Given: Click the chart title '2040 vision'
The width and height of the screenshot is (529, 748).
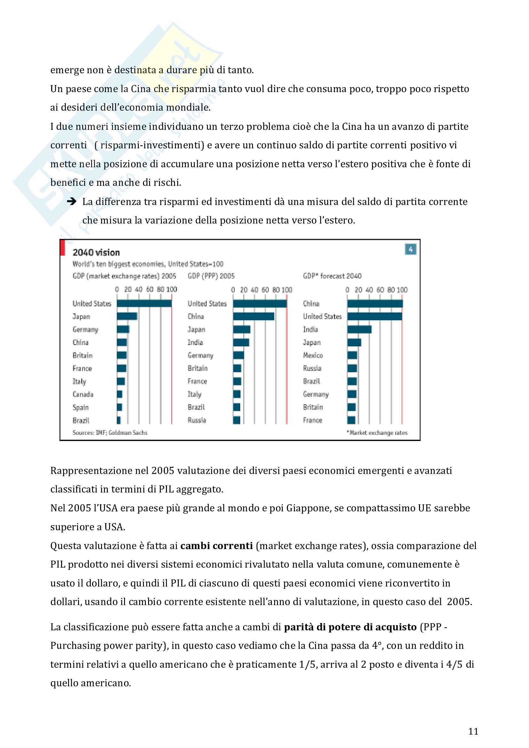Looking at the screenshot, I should coord(96,253).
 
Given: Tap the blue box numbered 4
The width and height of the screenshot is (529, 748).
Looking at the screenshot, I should coord(410,249).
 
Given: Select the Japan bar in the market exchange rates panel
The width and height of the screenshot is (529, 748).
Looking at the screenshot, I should coord(127,316).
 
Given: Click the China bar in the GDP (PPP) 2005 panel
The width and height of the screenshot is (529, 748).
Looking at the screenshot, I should coord(253,316).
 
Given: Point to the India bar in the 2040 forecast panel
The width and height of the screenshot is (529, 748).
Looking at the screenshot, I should coord(359,329).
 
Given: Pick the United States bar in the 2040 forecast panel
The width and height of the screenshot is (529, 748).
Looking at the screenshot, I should coord(375,316).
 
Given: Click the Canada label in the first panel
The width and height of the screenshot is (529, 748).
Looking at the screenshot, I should coord(83,395).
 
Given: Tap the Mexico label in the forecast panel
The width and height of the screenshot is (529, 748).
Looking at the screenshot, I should coord(313,355).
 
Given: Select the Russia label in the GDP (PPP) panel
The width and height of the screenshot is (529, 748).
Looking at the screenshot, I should coord(197,420).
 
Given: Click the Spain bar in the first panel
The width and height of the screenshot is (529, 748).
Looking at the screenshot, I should coord(119,407).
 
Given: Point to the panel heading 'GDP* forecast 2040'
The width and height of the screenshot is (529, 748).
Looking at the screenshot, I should coord(332,276).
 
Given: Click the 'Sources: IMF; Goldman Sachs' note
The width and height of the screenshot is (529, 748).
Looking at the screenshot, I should coord(110,433).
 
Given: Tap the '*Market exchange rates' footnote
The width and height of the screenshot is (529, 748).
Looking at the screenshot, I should coord(377,433).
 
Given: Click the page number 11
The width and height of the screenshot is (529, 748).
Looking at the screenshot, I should coord(473,731).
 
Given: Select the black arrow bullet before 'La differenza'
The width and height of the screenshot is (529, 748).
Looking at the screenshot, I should coord(71,202).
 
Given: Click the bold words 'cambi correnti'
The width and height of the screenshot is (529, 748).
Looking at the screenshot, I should coord(217,546).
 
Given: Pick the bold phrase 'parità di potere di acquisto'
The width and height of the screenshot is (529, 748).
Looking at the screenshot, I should coord(350,627).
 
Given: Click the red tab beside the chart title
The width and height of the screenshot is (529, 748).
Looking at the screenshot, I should coord(63,248).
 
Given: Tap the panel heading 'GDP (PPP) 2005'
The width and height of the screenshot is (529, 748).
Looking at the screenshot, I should coord(211,276).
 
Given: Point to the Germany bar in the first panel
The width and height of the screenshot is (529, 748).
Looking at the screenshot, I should coord(123,329).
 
